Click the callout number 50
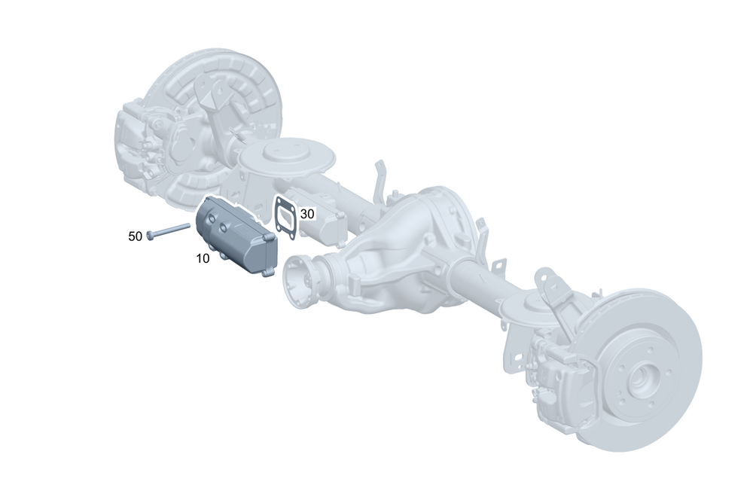click(136, 236)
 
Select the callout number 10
click(203, 258)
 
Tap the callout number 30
click(307, 214)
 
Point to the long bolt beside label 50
click(168, 230)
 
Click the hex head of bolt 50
click(150, 236)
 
